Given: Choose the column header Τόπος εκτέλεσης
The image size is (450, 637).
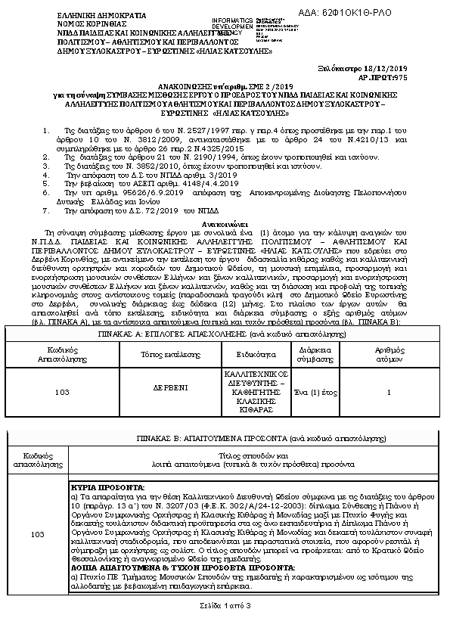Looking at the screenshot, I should pyautogui.click(x=163, y=353).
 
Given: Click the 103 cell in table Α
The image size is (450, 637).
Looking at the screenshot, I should pyautogui.click(x=62, y=392).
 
